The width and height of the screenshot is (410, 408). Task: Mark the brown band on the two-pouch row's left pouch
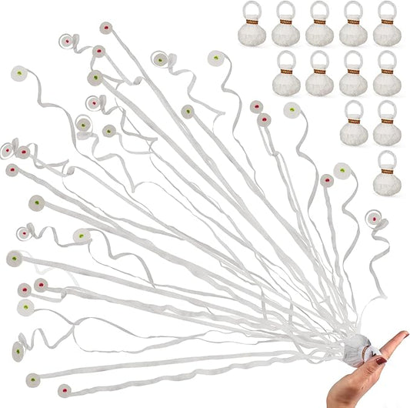pyautogui.click(x=353, y=122)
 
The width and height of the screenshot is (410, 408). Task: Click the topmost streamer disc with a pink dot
pyautogui.click(x=105, y=28)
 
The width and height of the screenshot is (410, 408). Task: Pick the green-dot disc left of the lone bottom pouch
pyautogui.click(x=340, y=168)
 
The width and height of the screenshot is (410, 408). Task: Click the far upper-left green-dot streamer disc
pyautogui.click(x=18, y=74)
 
